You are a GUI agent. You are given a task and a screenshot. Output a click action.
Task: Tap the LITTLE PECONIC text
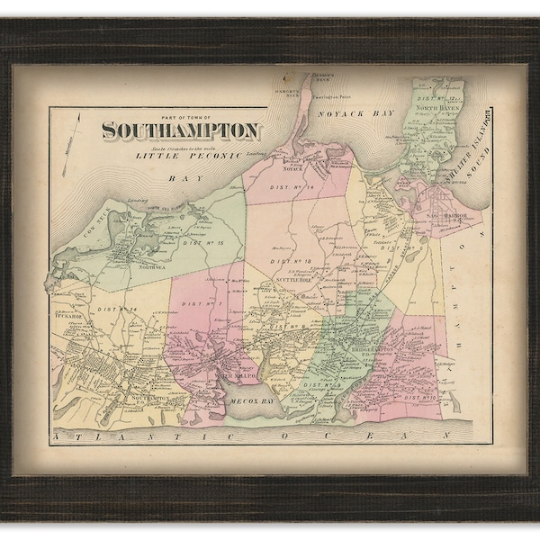point(175,157)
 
